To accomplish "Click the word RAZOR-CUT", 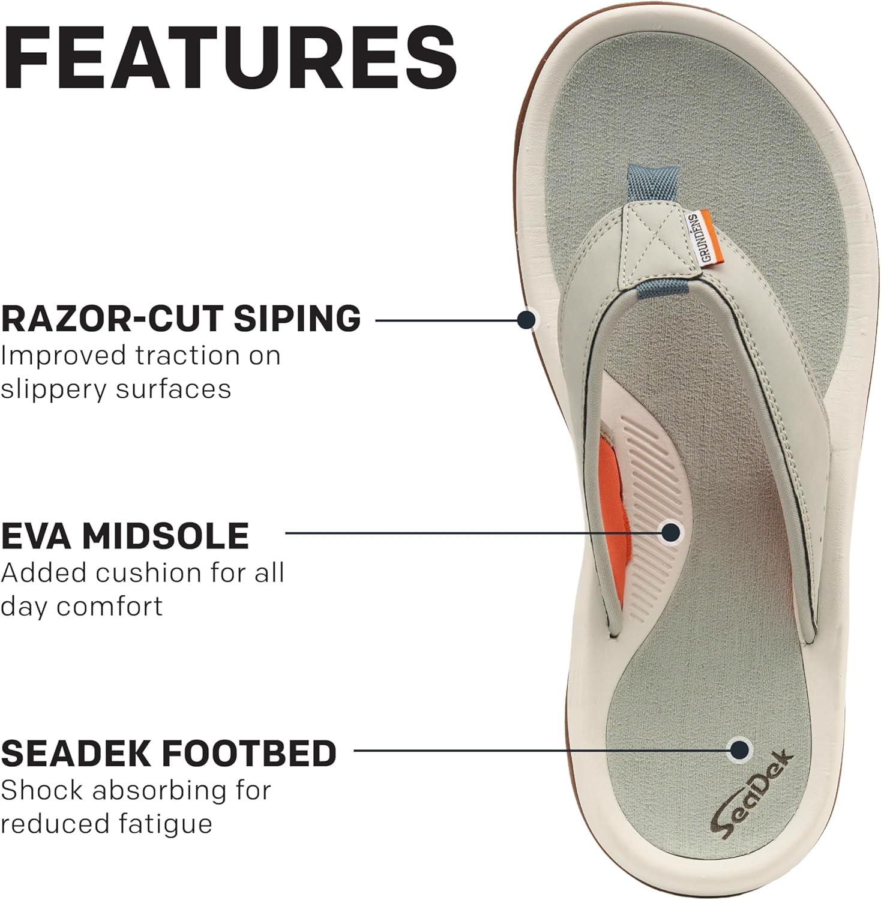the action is [112, 318].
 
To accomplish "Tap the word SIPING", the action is [297, 318].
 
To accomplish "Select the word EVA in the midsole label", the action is [37, 536].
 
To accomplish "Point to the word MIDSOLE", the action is [166, 536].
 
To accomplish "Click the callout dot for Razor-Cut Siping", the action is [526, 320].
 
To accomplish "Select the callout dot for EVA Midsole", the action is [670, 532].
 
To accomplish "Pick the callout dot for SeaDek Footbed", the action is [739, 749].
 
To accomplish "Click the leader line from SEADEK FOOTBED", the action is [541, 749].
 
